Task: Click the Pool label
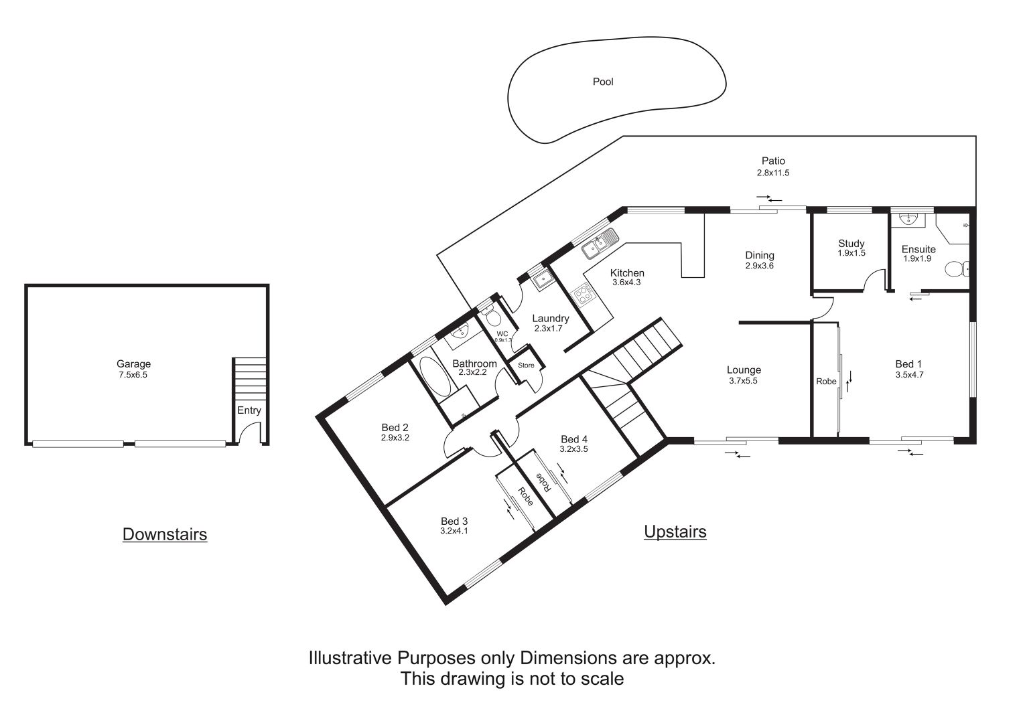pyautogui.click(x=603, y=82)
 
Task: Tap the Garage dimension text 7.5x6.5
pyautogui.click(x=133, y=375)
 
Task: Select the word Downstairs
pyautogui.click(x=165, y=534)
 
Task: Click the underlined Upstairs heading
pyautogui.click(x=675, y=532)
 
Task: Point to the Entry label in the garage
pyautogui.click(x=249, y=410)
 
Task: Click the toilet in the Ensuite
pyautogui.click(x=957, y=269)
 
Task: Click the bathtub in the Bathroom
pyautogui.click(x=435, y=377)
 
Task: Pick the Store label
pyautogui.click(x=526, y=365)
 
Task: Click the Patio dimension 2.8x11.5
pyautogui.click(x=772, y=173)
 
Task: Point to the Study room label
pyautogui.click(x=851, y=243)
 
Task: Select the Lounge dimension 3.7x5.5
pyautogui.click(x=744, y=381)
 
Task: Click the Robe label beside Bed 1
pyautogui.click(x=826, y=381)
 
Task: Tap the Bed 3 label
pyautogui.click(x=454, y=521)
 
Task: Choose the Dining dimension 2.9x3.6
pyautogui.click(x=760, y=266)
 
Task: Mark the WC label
pyautogui.click(x=502, y=333)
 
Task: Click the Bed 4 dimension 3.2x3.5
pyautogui.click(x=573, y=449)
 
